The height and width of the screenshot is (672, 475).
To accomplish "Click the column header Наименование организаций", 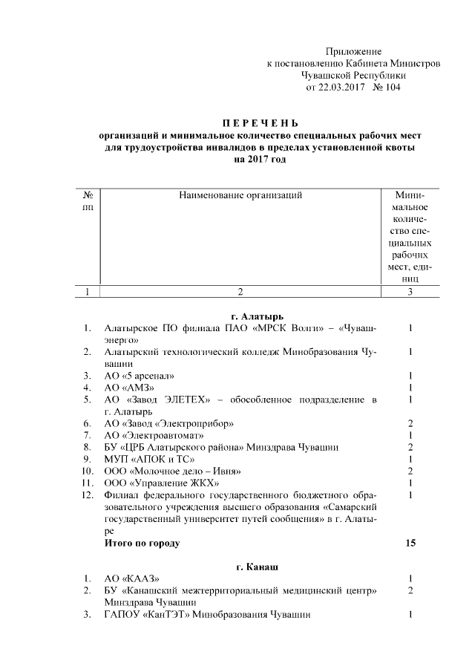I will click(x=240, y=195).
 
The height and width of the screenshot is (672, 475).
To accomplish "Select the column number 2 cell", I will click(x=240, y=292).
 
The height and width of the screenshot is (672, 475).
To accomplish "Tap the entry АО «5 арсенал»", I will click(x=140, y=376).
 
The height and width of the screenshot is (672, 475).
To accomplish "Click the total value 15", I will click(x=410, y=543).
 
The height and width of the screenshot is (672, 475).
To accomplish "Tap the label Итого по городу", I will click(x=142, y=543).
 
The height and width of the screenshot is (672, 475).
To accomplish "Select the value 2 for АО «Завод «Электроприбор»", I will click(x=410, y=423).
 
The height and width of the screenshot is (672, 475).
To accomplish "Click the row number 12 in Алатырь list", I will click(x=88, y=495).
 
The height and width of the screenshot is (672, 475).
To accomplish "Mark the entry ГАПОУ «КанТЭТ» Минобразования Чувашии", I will click(x=207, y=614).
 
